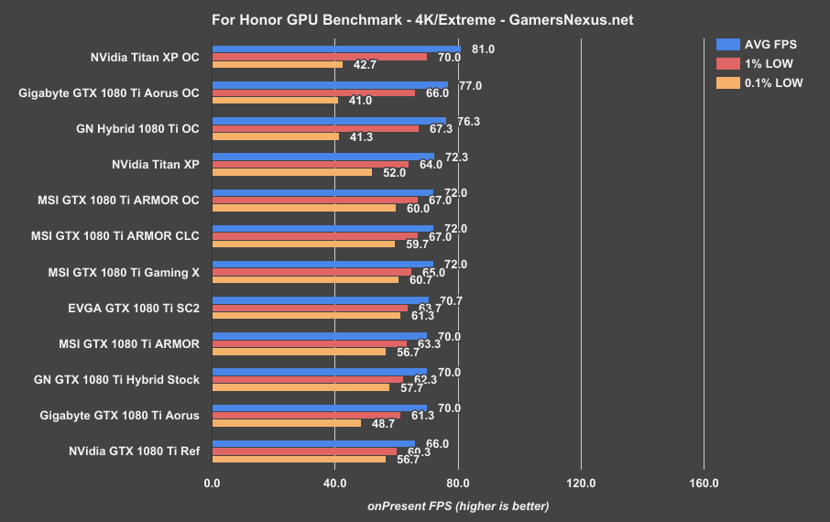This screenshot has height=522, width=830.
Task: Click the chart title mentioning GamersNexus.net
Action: tap(414, 18)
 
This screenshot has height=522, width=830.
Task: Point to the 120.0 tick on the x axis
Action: tap(581, 483)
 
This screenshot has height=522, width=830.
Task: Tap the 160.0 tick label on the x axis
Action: tap(704, 483)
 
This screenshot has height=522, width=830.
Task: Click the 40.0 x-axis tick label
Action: tap(334, 483)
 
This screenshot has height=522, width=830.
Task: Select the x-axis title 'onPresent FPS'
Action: tap(458, 506)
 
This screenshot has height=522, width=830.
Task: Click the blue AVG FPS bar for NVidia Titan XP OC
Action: tap(336, 49)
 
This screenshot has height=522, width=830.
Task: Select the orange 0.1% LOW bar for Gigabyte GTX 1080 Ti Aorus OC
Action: tap(275, 101)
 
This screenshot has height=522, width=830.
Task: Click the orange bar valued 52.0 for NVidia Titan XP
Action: tap(292, 172)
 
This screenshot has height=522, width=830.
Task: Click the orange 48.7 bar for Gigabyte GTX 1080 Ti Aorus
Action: tap(287, 423)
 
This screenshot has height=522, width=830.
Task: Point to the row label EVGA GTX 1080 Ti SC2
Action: tap(134, 308)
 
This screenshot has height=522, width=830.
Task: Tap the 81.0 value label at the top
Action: tap(482, 49)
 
